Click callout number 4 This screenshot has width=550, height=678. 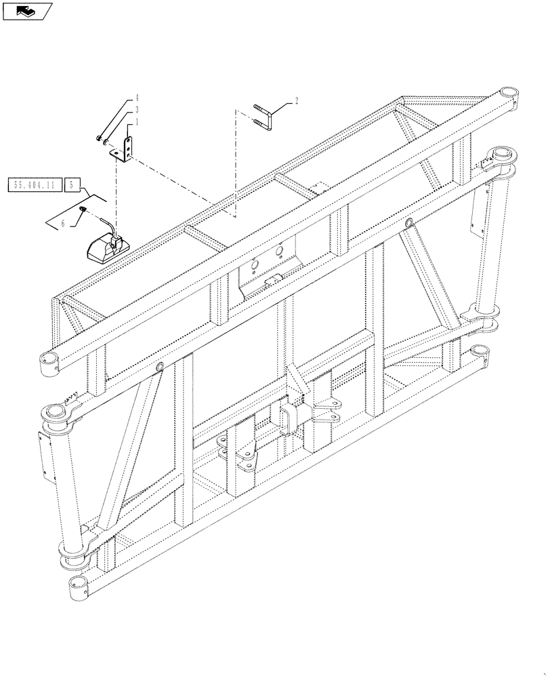136,98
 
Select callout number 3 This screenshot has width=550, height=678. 136,109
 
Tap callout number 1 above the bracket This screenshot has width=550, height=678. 136,122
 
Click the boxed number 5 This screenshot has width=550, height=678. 74,184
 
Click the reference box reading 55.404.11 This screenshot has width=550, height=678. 35,184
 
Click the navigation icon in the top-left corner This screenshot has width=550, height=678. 26,10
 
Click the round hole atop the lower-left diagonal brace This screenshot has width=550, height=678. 161,367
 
